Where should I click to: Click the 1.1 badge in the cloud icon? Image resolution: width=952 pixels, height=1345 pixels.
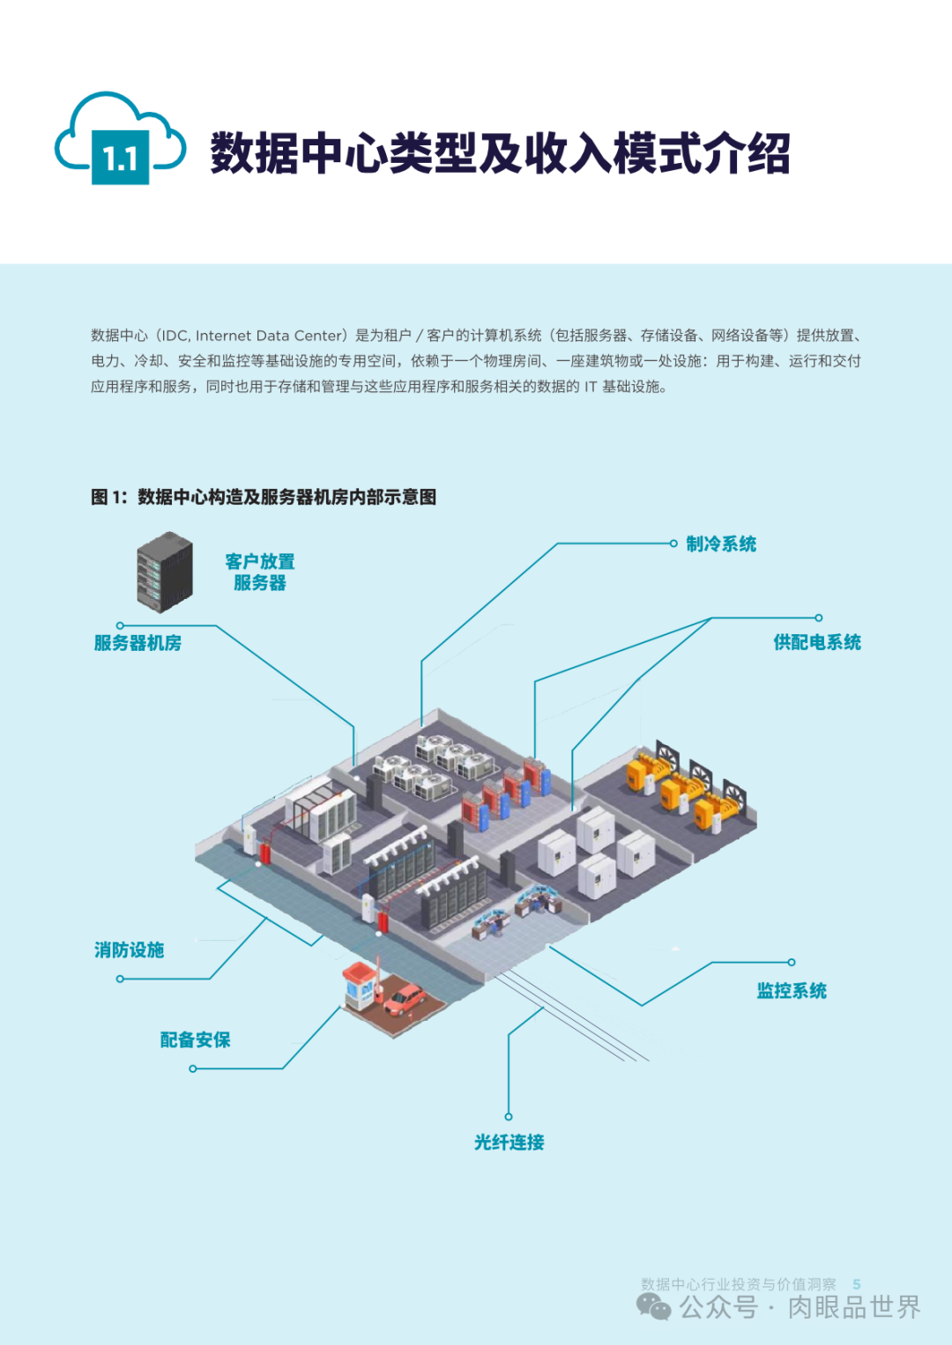(120, 159)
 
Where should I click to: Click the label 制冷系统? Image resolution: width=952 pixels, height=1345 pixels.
(721, 544)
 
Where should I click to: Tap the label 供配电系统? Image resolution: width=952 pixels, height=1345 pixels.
(817, 643)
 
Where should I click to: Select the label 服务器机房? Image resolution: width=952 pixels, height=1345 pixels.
(138, 643)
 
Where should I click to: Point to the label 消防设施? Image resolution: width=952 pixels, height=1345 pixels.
(130, 950)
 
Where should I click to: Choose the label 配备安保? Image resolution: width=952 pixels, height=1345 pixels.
(195, 1040)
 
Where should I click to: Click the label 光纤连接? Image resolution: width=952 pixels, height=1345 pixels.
(509, 1142)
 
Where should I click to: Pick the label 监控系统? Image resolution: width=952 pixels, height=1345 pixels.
(792, 991)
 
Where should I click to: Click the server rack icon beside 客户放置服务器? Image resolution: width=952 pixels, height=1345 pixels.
(165, 572)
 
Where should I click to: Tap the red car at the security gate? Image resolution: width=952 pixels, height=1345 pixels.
(405, 1000)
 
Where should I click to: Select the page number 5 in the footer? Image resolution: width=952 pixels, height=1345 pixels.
(857, 1284)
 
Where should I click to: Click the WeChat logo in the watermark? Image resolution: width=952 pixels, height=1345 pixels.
(653, 1306)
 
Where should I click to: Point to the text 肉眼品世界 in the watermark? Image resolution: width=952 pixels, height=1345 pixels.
(853, 1307)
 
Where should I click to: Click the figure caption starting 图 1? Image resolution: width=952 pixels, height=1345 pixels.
(264, 498)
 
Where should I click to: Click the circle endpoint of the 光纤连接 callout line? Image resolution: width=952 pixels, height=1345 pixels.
(509, 1117)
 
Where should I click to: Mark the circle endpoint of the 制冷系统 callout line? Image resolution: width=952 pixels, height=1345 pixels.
(673, 543)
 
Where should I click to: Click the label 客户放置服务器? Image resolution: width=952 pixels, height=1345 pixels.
(260, 573)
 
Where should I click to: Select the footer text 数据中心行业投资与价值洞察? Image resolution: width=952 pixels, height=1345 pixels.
(738, 1284)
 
